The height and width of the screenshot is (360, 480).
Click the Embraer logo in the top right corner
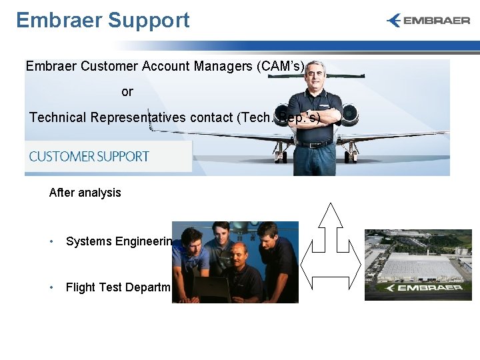pyautogui.click(x=428, y=21)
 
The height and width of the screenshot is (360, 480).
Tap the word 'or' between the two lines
pyautogui.click(x=127, y=92)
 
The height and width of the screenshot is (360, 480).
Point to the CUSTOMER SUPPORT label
pyautogui.click(x=89, y=157)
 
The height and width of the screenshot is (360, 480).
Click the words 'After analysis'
pyautogui.click(x=85, y=193)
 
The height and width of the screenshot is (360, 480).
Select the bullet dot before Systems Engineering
pyautogui.click(x=52, y=241)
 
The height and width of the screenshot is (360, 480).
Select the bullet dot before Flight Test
pyautogui.click(x=52, y=287)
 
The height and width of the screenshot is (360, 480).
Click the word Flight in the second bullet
pyautogui.click(x=80, y=287)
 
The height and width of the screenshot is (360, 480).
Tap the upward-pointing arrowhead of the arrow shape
pyautogui.click(x=331, y=215)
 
